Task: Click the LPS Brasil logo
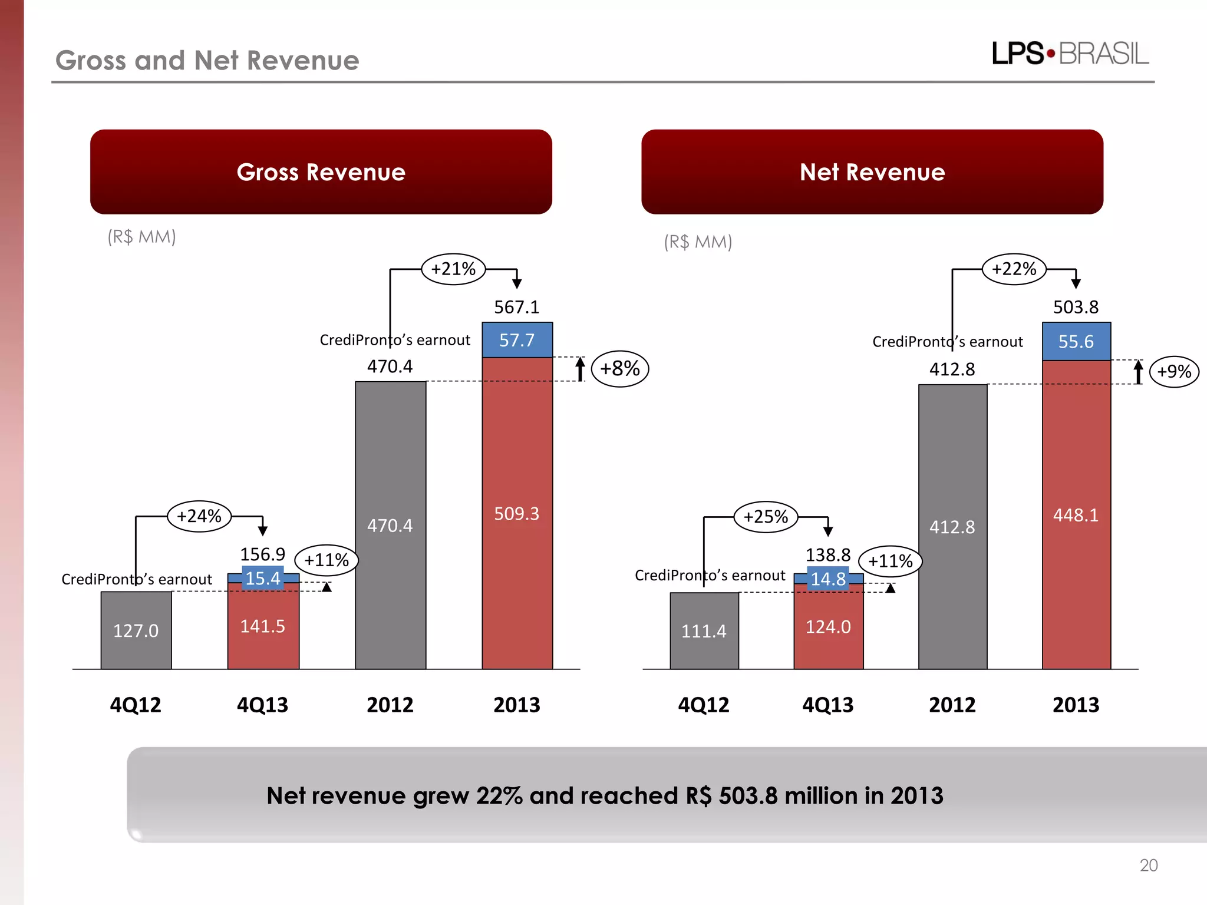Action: [1070, 54]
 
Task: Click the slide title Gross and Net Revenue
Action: [207, 61]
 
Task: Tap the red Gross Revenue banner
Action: [321, 172]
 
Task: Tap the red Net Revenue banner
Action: [872, 172]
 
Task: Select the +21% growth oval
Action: [453, 269]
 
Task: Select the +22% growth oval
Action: [1014, 269]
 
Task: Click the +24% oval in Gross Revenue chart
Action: [199, 516]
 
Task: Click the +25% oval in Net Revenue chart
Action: [766, 517]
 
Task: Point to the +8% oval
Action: [619, 369]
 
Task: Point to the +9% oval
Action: [1174, 372]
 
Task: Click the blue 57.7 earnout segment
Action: [517, 340]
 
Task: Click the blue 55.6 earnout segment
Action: [1076, 342]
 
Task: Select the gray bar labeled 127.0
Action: [136, 630]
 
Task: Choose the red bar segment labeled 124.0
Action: [828, 627]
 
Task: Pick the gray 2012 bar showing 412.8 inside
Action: [952, 527]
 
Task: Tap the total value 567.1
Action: [516, 307]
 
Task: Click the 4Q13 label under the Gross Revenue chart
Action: [262, 705]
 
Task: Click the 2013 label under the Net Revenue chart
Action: [1076, 705]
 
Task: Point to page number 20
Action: [1148, 865]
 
